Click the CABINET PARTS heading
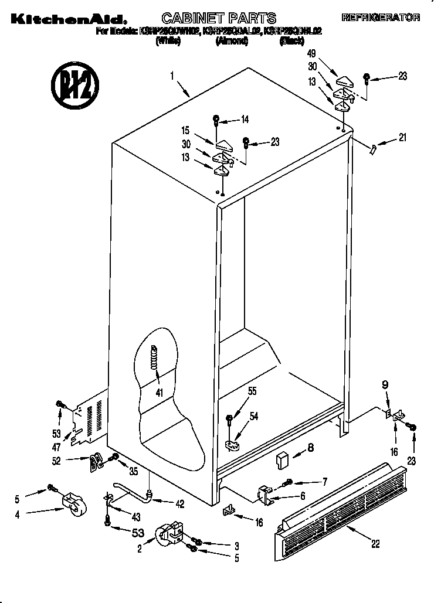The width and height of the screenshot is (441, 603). (218, 18)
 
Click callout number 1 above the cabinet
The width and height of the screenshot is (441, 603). (172, 75)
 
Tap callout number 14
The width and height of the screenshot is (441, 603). (245, 120)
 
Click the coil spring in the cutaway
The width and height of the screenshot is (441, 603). (155, 356)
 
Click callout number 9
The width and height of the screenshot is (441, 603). (385, 385)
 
